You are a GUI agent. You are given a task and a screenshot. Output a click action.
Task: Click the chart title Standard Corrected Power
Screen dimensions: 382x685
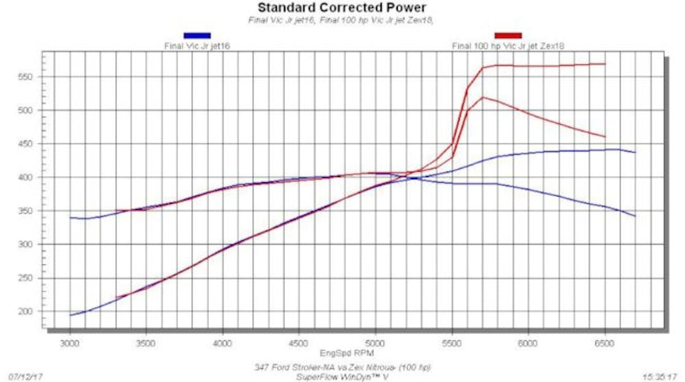[x=341, y=8]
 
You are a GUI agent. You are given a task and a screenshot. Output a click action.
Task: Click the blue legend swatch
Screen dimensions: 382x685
[x=197, y=35]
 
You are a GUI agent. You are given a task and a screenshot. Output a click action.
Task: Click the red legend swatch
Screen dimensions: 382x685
[x=508, y=35]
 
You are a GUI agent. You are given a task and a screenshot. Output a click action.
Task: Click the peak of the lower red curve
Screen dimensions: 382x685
[x=483, y=97]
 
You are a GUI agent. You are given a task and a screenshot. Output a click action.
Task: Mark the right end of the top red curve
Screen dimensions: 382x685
[x=605, y=64]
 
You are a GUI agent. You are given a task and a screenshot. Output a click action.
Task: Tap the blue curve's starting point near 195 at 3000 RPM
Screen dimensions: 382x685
[x=70, y=315]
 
